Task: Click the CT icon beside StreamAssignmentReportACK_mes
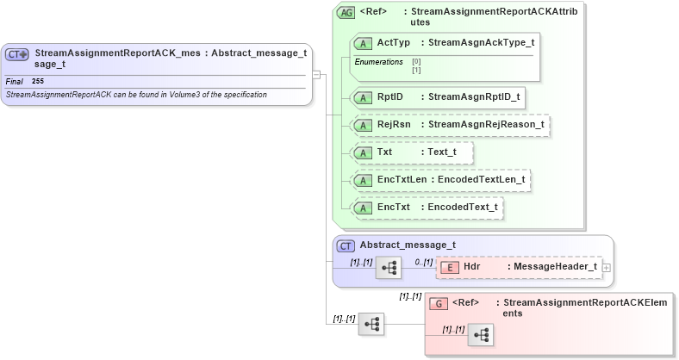18,54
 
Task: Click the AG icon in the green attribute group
346,13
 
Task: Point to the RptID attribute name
390,96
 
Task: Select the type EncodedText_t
463,208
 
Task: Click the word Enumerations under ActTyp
378,62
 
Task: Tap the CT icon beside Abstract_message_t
346,245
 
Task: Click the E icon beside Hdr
449,267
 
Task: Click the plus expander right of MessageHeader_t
607,267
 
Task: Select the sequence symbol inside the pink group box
481,335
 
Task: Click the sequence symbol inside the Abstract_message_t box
389,268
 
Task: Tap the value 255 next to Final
38,81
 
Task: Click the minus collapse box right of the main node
316,74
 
